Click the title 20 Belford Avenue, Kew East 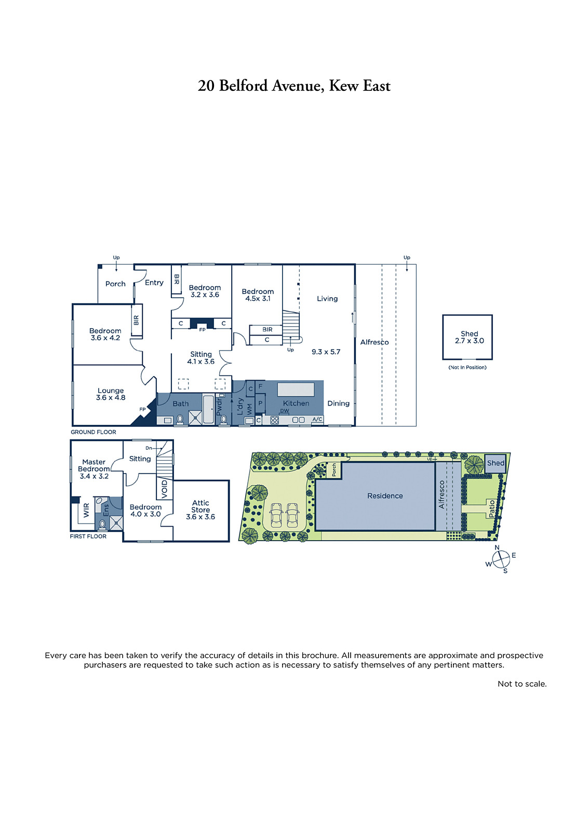coord(294,86)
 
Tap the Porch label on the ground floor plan coord(115,284)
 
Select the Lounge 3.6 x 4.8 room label coord(111,394)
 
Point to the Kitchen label coord(296,403)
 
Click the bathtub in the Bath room coord(208,409)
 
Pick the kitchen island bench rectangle coord(296,390)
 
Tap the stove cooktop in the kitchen coord(275,420)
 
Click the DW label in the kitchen coord(285,411)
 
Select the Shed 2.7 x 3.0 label coord(469,337)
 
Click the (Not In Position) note coord(467,367)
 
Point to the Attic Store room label coord(201,510)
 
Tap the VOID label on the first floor coord(165,489)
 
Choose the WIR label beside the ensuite coord(86,510)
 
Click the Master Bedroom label coord(94,465)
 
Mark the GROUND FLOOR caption coord(93,432)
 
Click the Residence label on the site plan coord(385,495)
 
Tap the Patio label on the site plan coord(492,508)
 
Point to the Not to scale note coord(522,683)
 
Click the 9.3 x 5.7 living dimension coord(326,352)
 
